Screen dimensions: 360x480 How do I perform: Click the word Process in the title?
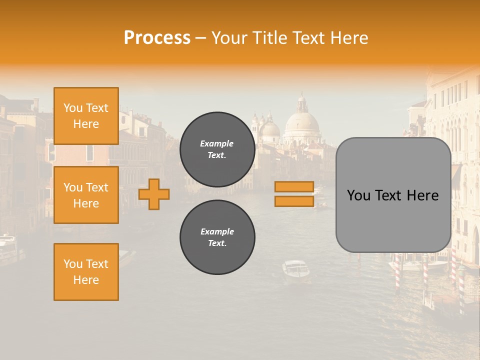(157, 37)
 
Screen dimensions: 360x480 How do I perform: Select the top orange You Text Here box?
(86, 116)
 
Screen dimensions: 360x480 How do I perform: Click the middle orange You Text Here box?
(86, 195)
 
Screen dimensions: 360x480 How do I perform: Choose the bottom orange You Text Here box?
(86, 272)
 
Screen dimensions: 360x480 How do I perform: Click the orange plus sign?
(154, 194)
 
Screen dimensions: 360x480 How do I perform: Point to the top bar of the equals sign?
(294, 187)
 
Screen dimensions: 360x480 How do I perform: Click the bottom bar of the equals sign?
(294, 201)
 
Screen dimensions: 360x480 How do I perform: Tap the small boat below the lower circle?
(295, 269)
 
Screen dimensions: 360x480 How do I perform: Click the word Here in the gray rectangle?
(422, 195)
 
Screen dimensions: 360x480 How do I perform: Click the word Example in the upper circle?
(216, 143)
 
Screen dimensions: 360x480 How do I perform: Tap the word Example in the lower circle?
(217, 231)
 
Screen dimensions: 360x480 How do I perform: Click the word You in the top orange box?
(72, 108)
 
